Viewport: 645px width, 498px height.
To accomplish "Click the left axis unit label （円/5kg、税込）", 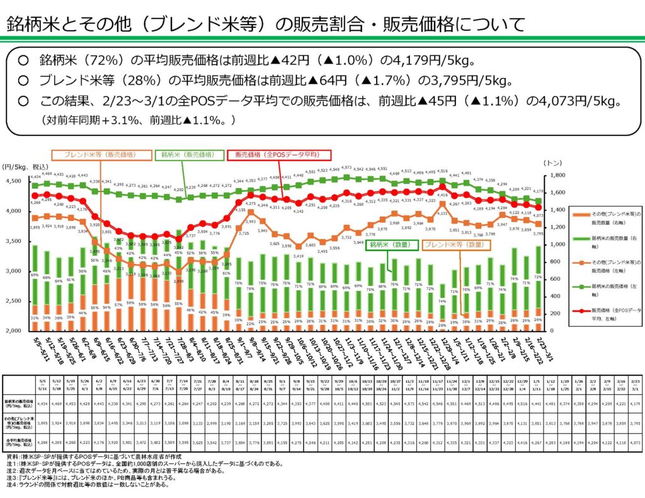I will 26,166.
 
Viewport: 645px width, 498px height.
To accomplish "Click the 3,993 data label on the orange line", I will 250,222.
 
